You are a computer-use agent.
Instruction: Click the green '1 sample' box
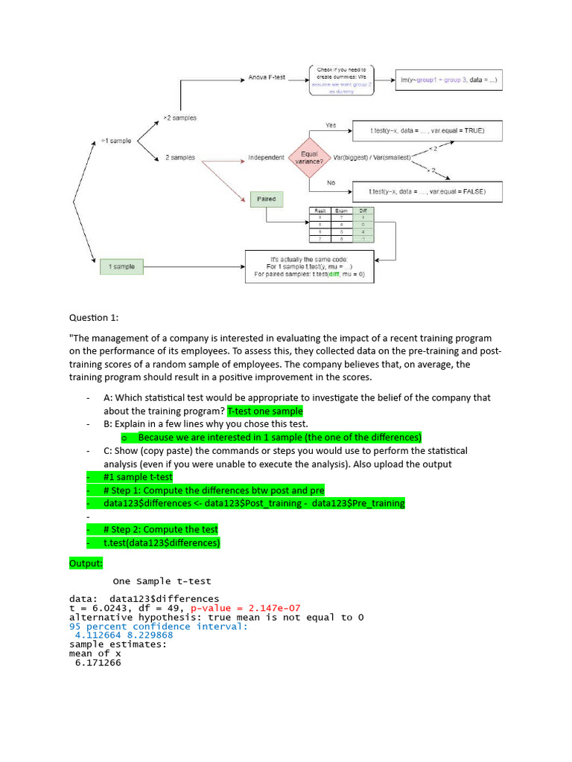(x=121, y=267)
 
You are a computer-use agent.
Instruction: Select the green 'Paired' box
(x=266, y=199)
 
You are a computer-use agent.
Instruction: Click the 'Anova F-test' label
(x=267, y=77)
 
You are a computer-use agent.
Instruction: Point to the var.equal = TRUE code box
(x=427, y=131)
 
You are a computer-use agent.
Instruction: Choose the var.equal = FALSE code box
(x=427, y=191)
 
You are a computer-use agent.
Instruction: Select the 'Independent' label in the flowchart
(x=266, y=158)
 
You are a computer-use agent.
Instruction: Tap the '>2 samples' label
(x=179, y=118)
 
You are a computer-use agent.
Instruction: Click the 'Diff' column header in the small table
(x=363, y=211)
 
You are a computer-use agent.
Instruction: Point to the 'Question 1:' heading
(x=94, y=318)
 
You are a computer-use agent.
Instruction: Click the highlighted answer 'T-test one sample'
(x=265, y=412)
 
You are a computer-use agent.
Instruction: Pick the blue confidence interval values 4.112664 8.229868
(x=124, y=635)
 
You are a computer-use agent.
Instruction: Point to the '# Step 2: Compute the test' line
(x=161, y=530)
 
